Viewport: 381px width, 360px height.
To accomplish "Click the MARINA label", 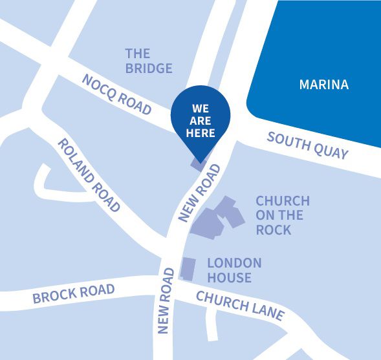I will click(323, 85).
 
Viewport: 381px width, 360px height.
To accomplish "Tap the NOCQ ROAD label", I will click(116, 94).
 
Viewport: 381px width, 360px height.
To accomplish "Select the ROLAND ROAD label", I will click(89, 175).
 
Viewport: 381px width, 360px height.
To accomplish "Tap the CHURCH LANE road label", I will click(240, 306).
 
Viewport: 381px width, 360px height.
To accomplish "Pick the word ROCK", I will click(274, 230).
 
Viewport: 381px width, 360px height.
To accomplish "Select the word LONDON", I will click(234, 263).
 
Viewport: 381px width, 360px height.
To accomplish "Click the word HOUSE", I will click(229, 278).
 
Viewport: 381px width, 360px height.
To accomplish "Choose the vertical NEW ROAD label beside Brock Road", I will click(166, 301).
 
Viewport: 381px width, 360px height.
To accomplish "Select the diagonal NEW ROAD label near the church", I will click(200, 192).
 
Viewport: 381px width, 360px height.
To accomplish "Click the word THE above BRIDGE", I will click(138, 54).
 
